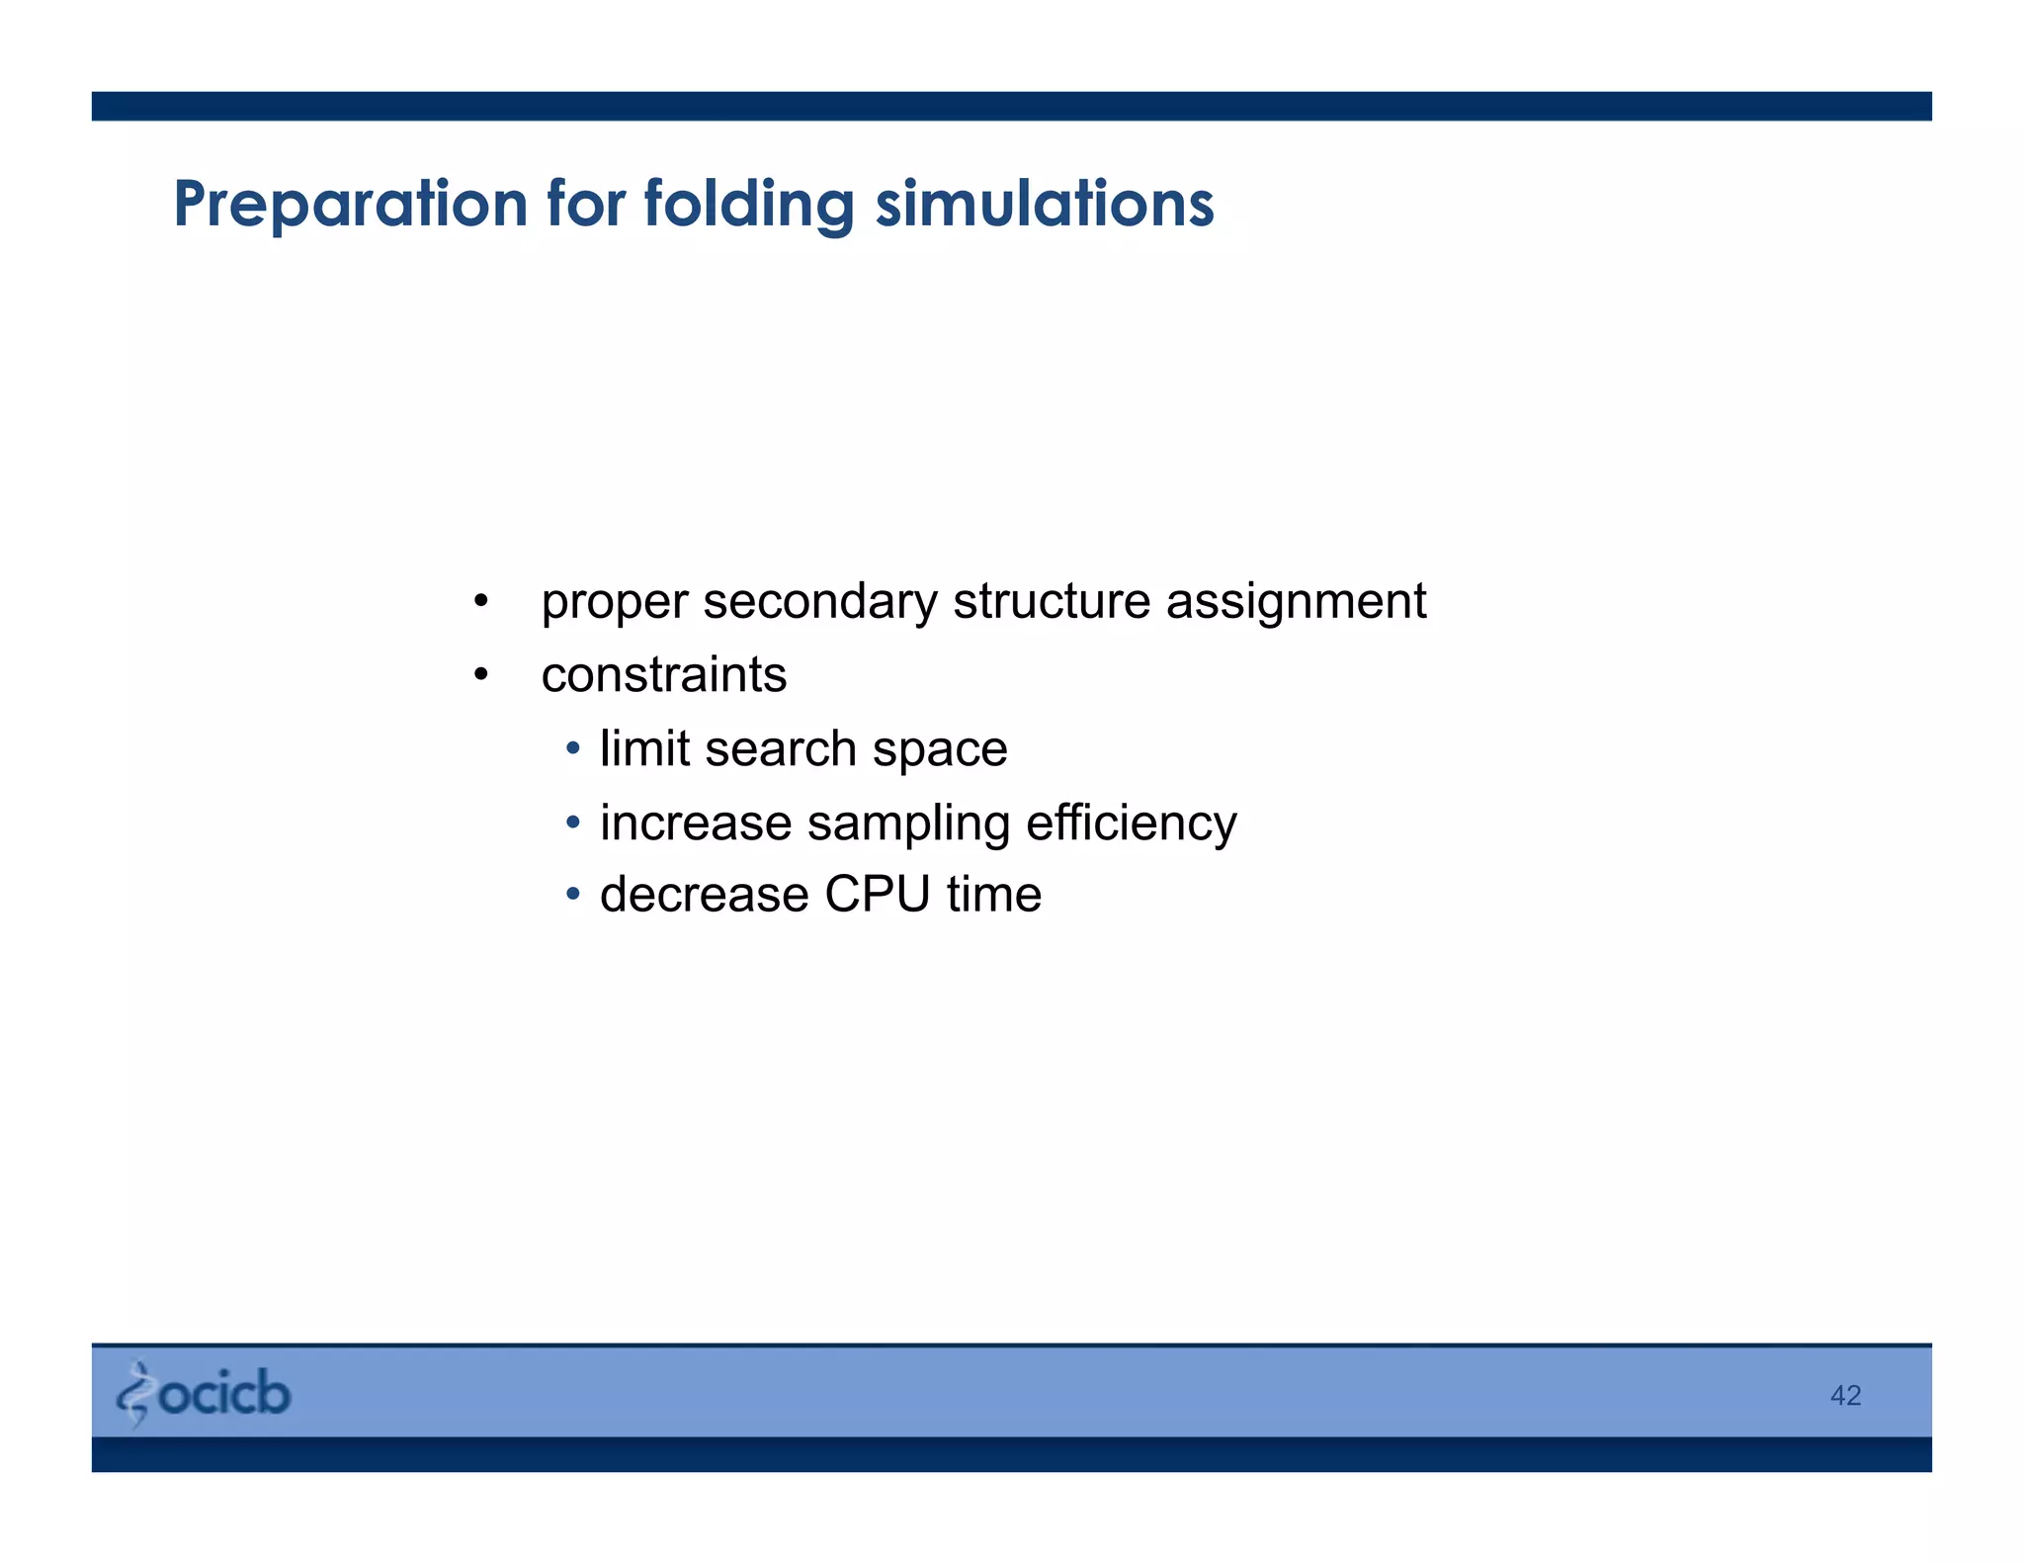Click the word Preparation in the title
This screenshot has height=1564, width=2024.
tap(350, 205)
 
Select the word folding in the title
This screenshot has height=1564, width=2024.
tap(748, 205)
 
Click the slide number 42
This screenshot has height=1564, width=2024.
tap(1845, 1395)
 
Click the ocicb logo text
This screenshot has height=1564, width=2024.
tap(224, 1393)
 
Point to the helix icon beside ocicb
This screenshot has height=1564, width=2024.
tap(134, 1394)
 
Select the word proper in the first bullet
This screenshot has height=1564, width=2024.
tap(614, 602)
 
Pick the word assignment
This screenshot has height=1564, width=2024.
tap(1296, 602)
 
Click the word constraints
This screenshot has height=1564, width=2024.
tap(663, 675)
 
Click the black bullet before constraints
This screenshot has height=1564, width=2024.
tap(480, 675)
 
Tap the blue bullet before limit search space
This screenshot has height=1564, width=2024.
tap(573, 748)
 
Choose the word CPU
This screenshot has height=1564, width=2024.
tap(877, 895)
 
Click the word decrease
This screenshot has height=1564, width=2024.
tap(704, 895)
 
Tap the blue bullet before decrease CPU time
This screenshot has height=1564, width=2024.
tap(573, 895)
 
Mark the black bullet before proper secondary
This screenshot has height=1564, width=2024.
tap(480, 601)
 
